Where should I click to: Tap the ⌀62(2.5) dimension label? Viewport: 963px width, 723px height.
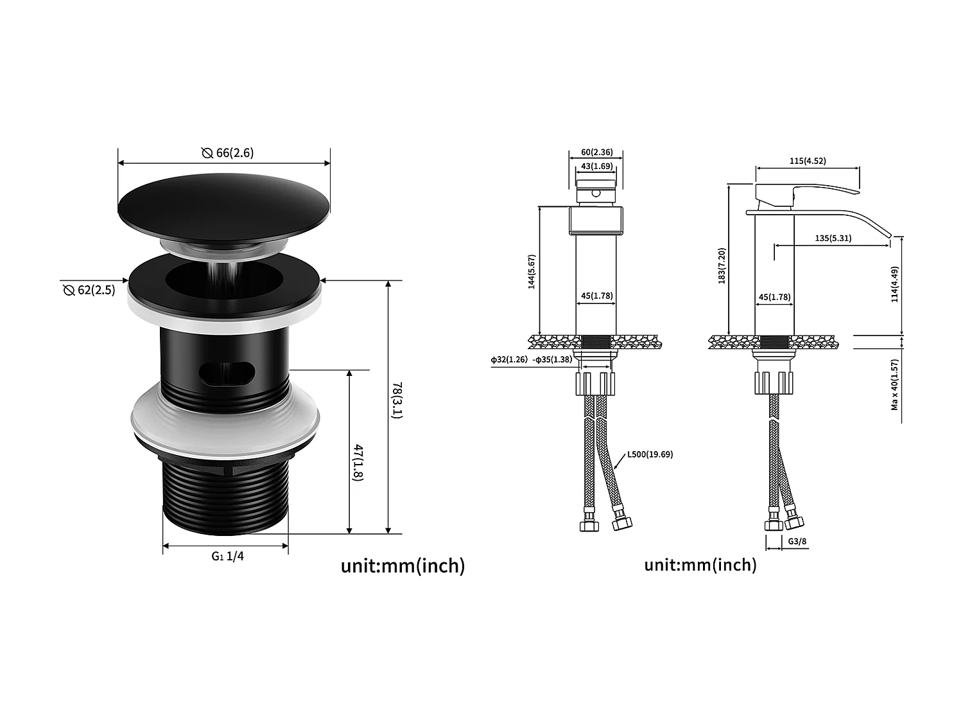pyautogui.click(x=89, y=290)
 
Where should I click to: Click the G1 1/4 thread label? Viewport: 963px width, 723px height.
pyautogui.click(x=228, y=556)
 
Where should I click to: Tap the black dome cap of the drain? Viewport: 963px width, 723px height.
pyautogui.click(x=223, y=199)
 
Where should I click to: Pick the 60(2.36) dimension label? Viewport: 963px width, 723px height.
pyautogui.click(x=596, y=152)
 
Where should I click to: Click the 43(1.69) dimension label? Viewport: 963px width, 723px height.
pyautogui.click(x=596, y=166)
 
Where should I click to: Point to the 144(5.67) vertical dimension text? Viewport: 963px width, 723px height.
pyautogui.click(x=532, y=272)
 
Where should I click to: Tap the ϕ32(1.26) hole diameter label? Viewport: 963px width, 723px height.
pyautogui.click(x=509, y=359)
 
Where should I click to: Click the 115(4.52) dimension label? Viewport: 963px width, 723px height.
pyautogui.click(x=807, y=161)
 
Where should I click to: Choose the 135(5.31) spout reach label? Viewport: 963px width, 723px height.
pyautogui.click(x=833, y=238)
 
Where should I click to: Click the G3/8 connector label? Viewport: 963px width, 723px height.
pyautogui.click(x=797, y=542)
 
